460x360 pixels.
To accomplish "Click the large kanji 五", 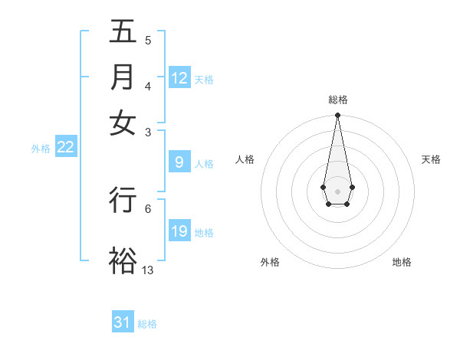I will pos(123,33).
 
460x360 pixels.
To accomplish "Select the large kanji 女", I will pos(123,123).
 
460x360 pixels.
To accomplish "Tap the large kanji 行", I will pos(123,199).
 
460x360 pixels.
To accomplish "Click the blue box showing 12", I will pos(179,78).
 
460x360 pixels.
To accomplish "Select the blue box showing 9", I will pos(179,162).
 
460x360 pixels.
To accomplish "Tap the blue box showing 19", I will pos(179,231).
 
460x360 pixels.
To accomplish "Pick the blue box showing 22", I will pos(65,148).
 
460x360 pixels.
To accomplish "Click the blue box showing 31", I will pos(123,322).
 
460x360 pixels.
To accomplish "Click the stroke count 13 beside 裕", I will pos(148,270).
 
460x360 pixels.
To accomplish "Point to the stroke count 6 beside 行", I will pos(148,208).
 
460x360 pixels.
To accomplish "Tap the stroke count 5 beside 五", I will pos(148,41).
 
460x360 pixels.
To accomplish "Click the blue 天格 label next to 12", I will pos(204,79).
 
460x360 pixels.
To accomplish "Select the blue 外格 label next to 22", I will pos(41,149).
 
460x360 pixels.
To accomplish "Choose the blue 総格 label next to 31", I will pos(147,323).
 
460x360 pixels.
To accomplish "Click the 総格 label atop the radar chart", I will pos(337,100).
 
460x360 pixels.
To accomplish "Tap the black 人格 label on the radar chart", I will pos(245,159).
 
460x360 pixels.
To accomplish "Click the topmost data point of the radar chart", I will pos(337,116).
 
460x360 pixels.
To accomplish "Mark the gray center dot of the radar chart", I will pos(337,190).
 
